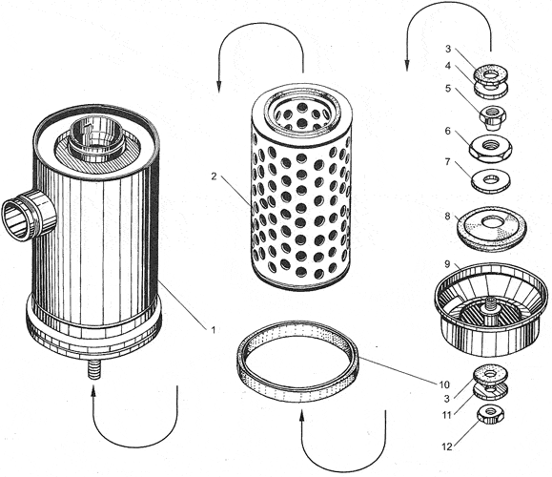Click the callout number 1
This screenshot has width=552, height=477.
[x=213, y=330]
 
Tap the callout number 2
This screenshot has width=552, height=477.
[x=214, y=176]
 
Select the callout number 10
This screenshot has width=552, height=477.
[x=444, y=384]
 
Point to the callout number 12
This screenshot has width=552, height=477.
[x=447, y=447]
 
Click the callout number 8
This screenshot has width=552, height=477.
[x=447, y=216]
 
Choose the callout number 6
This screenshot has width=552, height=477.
[x=447, y=131]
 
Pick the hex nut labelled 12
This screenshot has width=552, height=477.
[x=491, y=415]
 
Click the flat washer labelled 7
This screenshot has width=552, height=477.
[x=490, y=180]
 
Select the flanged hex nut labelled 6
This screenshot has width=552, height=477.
[x=490, y=147]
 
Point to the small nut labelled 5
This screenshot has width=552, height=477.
[x=490, y=117]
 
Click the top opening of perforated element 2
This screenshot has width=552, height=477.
[x=302, y=112]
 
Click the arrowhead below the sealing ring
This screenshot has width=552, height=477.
[x=301, y=415]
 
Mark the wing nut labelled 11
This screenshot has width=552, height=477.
[x=491, y=392]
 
